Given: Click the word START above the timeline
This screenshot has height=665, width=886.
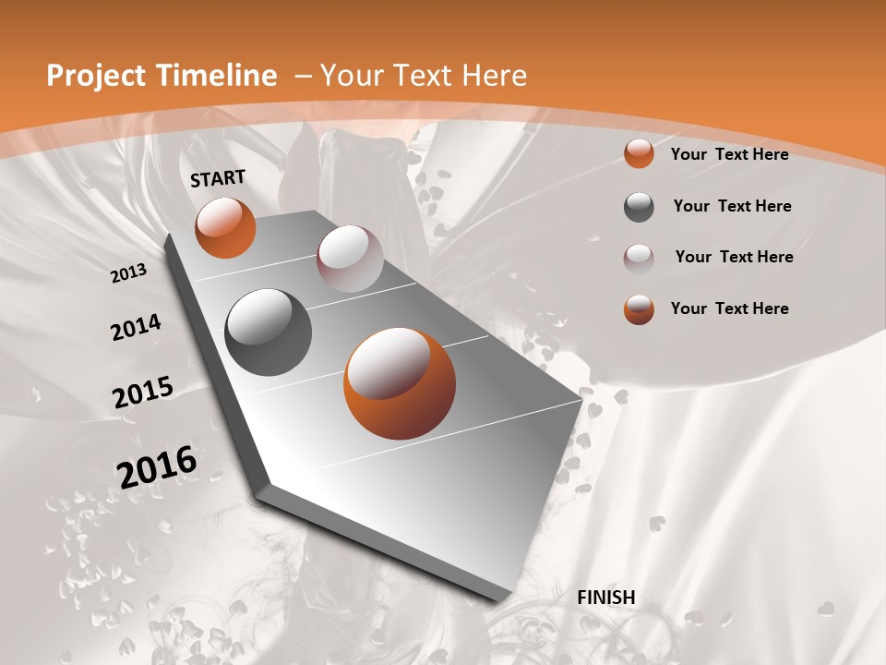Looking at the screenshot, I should (x=218, y=178).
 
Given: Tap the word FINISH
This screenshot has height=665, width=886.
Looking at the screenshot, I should (x=606, y=598).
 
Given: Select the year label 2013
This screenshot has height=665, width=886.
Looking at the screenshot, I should (x=129, y=272).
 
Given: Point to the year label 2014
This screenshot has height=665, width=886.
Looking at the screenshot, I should (x=137, y=328).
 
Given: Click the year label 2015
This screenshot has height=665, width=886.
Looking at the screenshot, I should (x=143, y=393).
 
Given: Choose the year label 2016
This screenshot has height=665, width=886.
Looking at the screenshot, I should (x=157, y=466).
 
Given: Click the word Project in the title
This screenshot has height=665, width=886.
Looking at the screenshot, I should (x=94, y=76).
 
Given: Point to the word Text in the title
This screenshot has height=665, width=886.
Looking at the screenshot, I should (x=422, y=76).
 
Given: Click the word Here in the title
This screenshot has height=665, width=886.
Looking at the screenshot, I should (x=495, y=76).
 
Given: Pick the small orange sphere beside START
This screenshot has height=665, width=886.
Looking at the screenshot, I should (x=225, y=227).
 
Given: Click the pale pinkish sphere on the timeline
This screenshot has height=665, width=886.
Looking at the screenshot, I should (x=350, y=259).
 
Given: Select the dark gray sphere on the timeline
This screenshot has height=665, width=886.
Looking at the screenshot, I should (x=269, y=332).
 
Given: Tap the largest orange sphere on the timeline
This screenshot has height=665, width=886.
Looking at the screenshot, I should (x=400, y=383).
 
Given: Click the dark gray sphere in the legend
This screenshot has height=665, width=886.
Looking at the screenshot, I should (x=639, y=207).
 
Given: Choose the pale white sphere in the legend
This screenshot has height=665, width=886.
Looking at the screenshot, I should (x=639, y=259).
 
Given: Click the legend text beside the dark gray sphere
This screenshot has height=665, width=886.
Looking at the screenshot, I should (x=732, y=206).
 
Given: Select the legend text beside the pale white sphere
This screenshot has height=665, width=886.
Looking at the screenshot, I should (x=734, y=257).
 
